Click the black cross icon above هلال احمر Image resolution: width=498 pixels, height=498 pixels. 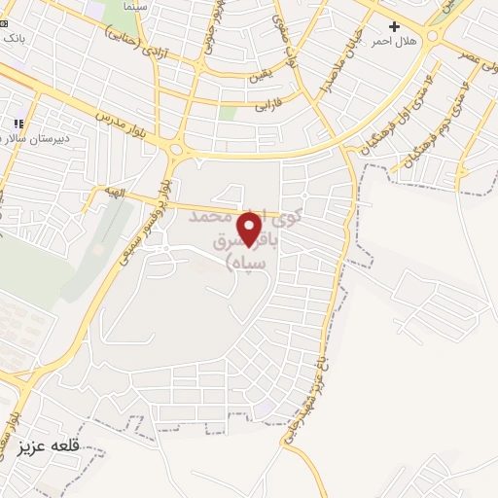click(394, 26)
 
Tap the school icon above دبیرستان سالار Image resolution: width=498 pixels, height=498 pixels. click(17, 124)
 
